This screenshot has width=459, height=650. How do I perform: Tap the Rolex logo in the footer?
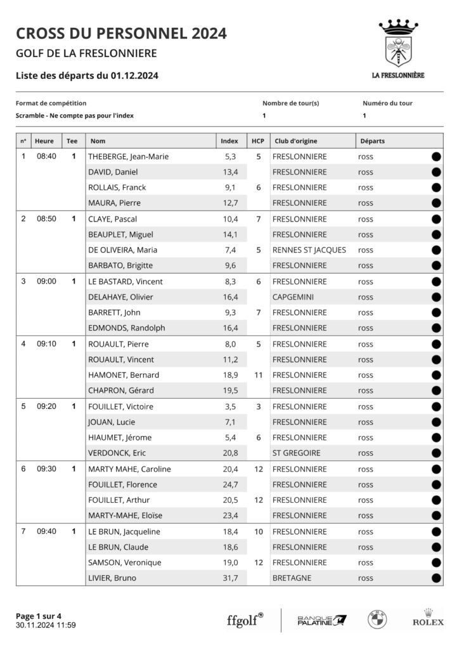point(428,619)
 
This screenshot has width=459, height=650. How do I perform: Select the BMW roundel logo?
point(377,620)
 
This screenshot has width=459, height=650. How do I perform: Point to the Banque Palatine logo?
point(322,620)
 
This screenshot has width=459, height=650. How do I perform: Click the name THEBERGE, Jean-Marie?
point(129,156)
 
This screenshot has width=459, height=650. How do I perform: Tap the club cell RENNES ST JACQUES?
point(309,249)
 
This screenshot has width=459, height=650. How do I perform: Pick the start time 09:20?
point(47,406)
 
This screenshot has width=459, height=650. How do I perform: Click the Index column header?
point(229,141)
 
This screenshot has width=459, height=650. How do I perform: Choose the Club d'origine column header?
point(295,141)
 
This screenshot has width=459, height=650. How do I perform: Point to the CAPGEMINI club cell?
point(295,296)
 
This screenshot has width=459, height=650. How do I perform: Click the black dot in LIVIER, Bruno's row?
point(436,578)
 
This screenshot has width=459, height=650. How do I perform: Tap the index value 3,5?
point(230,406)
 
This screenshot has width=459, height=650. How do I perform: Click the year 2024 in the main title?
point(205,33)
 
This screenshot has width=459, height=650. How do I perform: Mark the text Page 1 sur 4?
point(39,615)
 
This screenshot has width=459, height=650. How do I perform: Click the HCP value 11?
point(258,375)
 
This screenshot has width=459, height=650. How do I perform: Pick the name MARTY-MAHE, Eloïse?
point(126,515)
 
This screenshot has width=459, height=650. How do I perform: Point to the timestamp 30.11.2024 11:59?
point(46,625)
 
